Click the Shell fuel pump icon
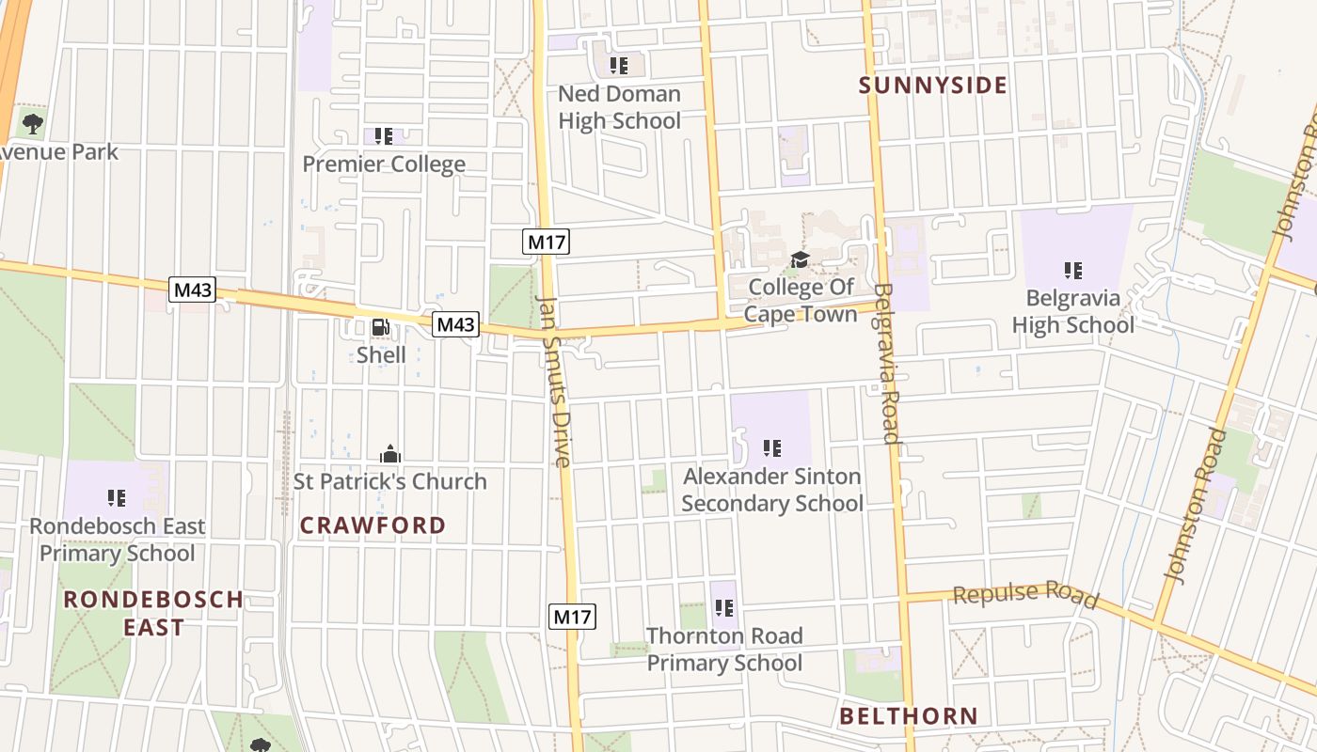(x=381, y=327)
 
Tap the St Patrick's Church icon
(x=390, y=455)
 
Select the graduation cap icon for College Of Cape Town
(x=800, y=259)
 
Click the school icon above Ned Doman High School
(x=618, y=66)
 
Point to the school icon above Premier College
(x=383, y=137)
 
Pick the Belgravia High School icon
(x=1072, y=271)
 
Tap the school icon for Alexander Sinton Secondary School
(x=771, y=448)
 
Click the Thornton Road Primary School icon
(x=723, y=608)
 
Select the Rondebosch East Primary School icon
(x=117, y=498)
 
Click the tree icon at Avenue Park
(x=33, y=123)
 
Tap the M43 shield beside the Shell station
(x=456, y=324)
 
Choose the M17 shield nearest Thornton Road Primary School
(x=572, y=617)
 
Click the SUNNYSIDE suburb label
(x=932, y=86)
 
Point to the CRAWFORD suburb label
(x=373, y=525)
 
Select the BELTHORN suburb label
(x=909, y=716)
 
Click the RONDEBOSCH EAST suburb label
(x=153, y=613)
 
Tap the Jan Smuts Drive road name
(x=553, y=381)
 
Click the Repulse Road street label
(x=1025, y=595)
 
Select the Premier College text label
(x=384, y=164)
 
